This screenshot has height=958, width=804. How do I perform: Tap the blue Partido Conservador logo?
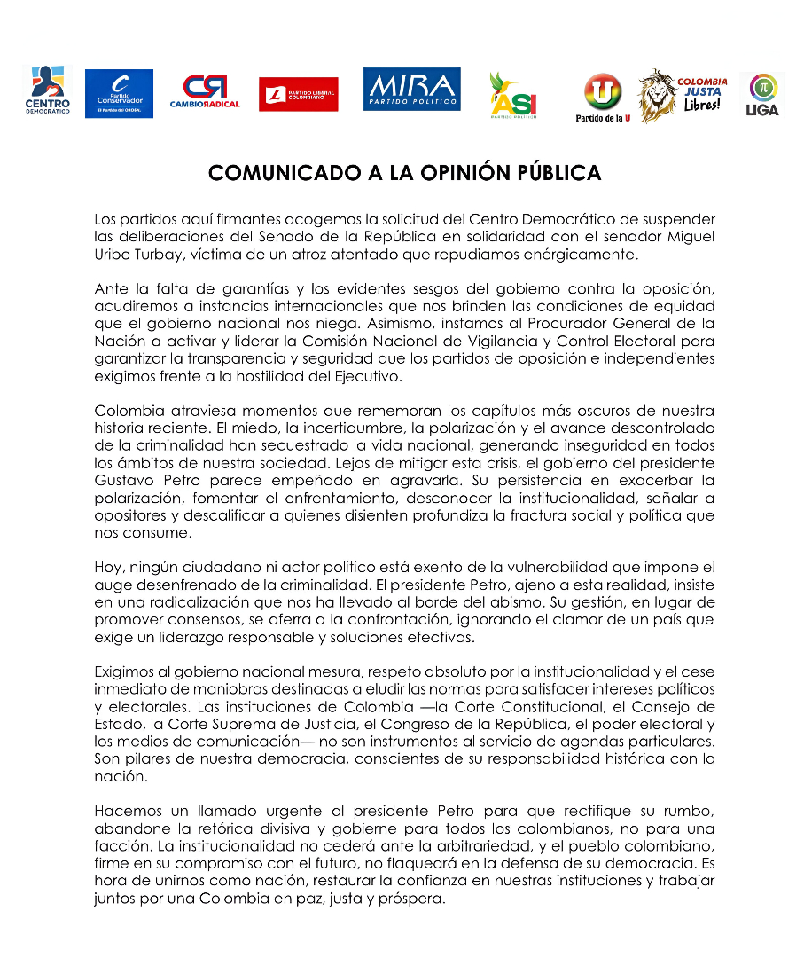click(119, 93)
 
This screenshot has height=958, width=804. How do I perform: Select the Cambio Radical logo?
click(205, 93)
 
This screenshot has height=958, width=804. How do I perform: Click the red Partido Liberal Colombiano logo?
click(298, 94)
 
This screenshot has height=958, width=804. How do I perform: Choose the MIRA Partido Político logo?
click(411, 90)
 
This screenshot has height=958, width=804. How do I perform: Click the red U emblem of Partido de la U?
click(603, 90)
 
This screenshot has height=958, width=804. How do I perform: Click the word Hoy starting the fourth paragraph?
click(106, 567)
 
